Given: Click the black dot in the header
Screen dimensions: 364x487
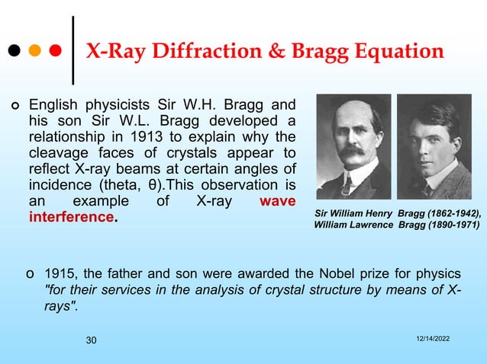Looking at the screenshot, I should click(15, 53).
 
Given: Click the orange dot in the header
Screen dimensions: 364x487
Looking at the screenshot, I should click(35, 53).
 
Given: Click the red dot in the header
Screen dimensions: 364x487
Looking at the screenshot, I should click(56, 53).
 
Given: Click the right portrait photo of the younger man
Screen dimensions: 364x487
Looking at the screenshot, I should click(434, 146).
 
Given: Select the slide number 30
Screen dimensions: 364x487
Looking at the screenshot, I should click(92, 340).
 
